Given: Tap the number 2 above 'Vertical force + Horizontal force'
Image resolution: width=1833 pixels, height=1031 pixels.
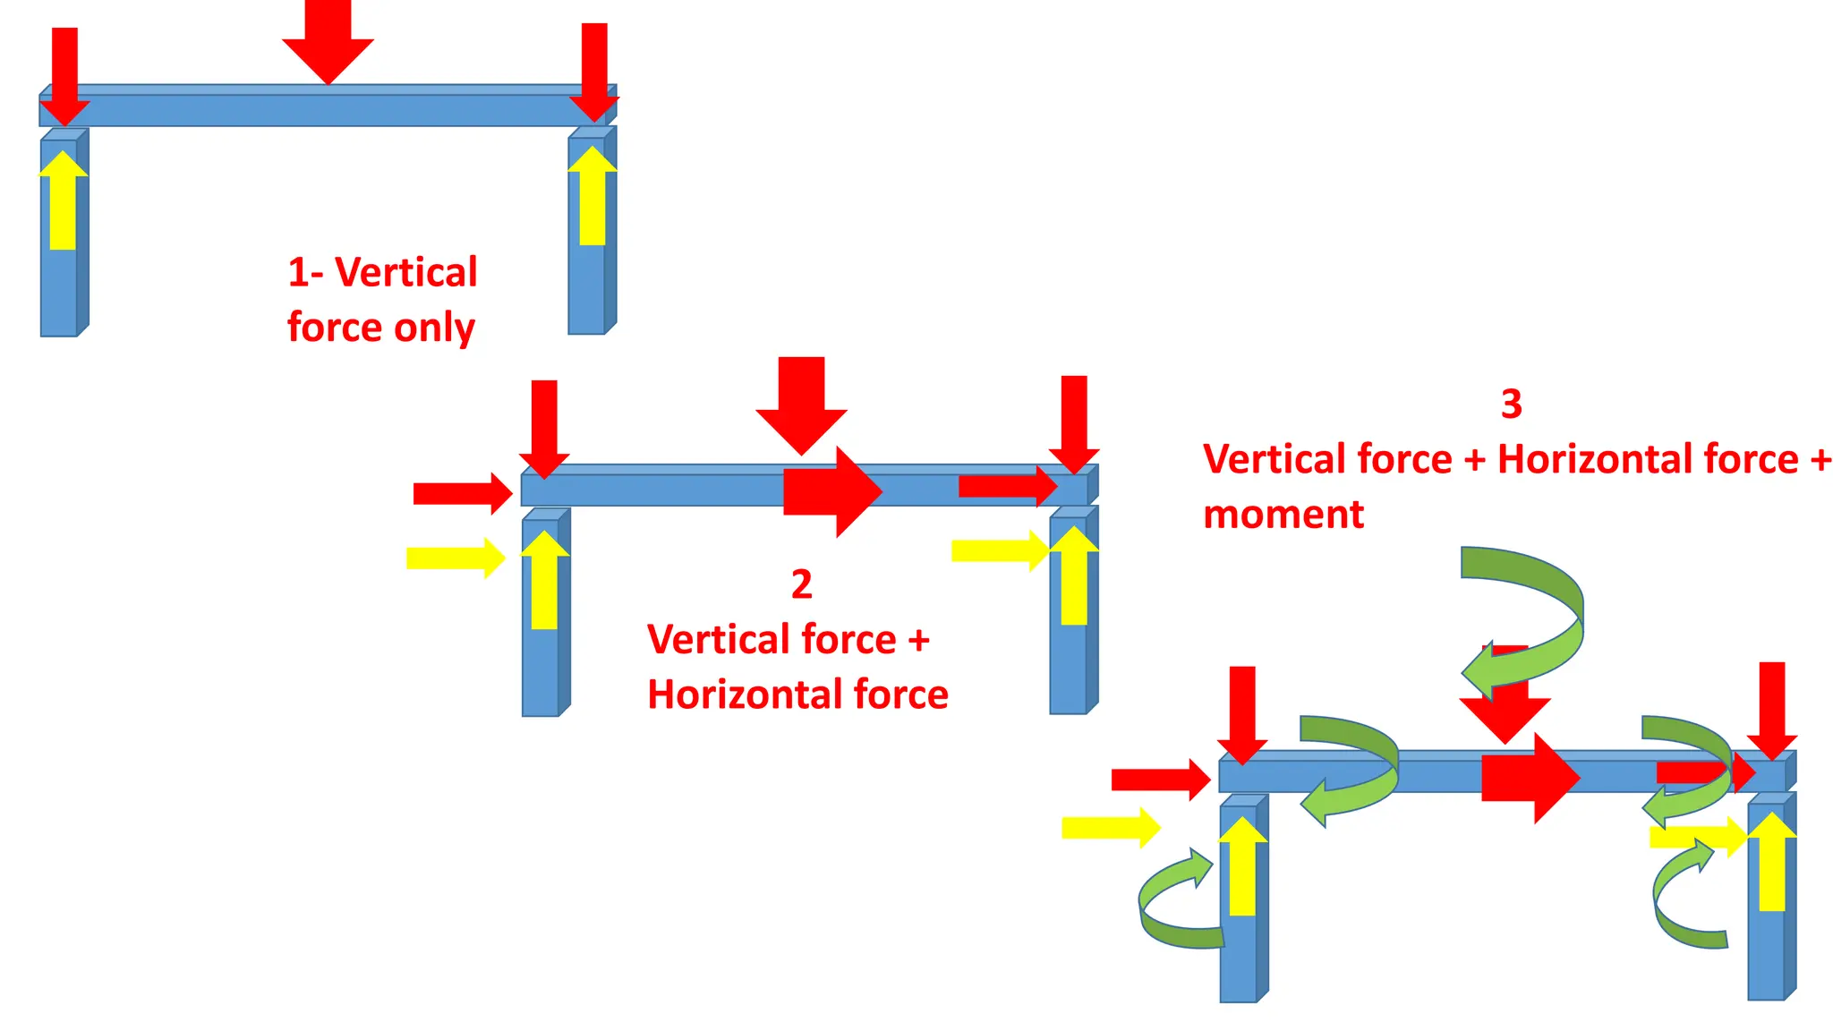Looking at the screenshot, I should [801, 584].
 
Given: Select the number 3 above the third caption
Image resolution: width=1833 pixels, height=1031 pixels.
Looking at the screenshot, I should [1511, 404].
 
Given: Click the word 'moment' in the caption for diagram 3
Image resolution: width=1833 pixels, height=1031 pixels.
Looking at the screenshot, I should [1283, 515].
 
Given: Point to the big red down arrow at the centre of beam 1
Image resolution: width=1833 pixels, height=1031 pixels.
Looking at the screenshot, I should [328, 40].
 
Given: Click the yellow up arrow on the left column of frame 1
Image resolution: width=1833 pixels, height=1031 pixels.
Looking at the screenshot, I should [63, 201].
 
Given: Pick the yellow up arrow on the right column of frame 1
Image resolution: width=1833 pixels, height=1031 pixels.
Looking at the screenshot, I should [592, 197].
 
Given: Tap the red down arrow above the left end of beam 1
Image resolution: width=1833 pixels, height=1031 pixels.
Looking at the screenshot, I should [64, 76].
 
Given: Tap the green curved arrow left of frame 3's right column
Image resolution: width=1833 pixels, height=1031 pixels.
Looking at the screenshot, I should [1683, 899].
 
